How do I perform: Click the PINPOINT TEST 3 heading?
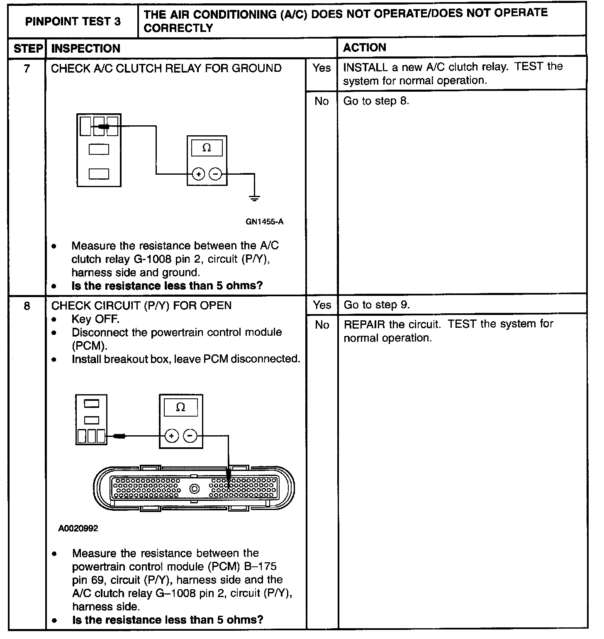[x=73, y=22]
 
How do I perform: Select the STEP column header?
[x=28, y=49]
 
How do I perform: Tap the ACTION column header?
[x=365, y=48]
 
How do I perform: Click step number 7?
[x=27, y=68]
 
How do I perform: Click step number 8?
[x=27, y=306]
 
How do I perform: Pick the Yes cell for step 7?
[x=321, y=68]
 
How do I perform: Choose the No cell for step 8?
[x=321, y=325]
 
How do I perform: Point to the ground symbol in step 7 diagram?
[x=255, y=198]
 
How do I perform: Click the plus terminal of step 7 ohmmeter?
[x=199, y=174]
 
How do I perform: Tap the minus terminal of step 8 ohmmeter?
[x=190, y=436]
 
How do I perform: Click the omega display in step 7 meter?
[x=207, y=148]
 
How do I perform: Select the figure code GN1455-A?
[x=265, y=222]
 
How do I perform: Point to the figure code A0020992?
[x=78, y=529]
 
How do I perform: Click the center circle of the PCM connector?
[x=195, y=489]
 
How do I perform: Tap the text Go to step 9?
[x=377, y=305]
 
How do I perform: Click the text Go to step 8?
[x=376, y=101]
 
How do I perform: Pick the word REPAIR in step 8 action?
[x=364, y=324]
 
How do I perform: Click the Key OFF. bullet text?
[x=95, y=319]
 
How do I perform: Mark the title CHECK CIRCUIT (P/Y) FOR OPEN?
[x=141, y=306]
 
